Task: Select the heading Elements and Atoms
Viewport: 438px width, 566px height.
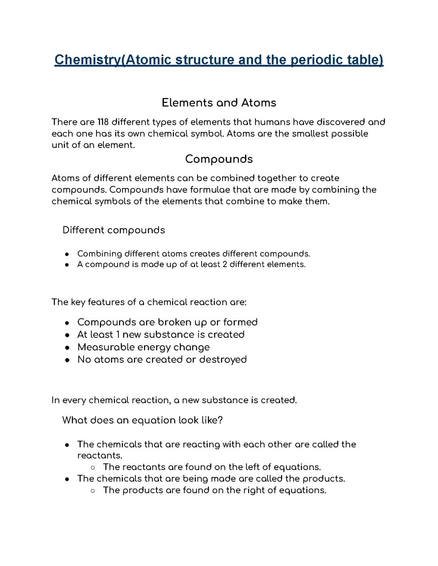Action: point(219,103)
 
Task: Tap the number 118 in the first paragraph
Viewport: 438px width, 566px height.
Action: point(102,122)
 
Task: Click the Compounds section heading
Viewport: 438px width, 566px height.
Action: point(219,159)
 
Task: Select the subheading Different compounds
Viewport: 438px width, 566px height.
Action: point(114,230)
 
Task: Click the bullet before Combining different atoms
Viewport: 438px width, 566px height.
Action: point(67,254)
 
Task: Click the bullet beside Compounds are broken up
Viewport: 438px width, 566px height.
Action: point(67,323)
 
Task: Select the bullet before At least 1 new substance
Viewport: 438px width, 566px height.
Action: point(67,335)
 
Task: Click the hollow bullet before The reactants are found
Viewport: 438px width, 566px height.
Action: point(93,468)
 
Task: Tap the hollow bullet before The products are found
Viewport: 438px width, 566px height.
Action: point(93,491)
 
